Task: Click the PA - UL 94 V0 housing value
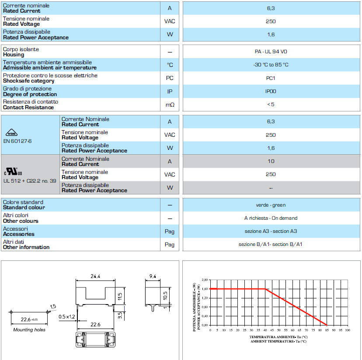pos(271,52)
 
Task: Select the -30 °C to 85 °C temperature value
pos(271,65)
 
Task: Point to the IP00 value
pos(271,91)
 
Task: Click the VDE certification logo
pos(13,132)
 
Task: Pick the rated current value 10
pos(271,161)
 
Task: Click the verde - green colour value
pos(271,205)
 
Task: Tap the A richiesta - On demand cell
pos(271,218)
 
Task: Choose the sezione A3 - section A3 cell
pos(271,231)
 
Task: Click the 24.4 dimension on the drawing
pos(95,276)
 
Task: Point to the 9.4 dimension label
pos(152,276)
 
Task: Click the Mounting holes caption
pos(29,330)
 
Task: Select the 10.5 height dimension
pos(164,295)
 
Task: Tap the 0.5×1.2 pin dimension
pos(67,316)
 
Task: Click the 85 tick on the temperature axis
pos(327,330)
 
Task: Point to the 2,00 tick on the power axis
pos(205,280)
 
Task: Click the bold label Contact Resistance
pos(28,107)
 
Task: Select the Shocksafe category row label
pos(29,81)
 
